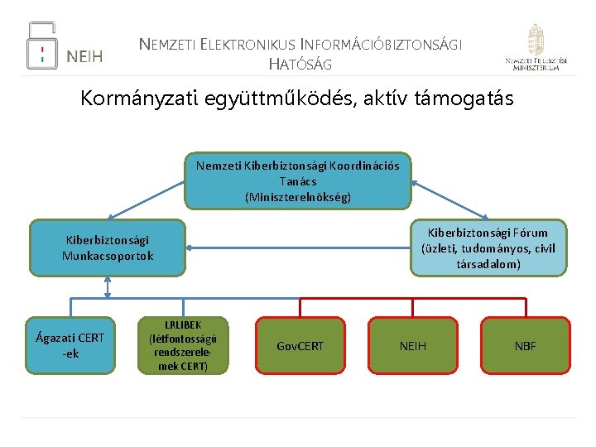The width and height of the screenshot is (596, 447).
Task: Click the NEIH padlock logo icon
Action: [42, 46]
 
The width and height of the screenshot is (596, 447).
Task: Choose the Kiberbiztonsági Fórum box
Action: [488, 248]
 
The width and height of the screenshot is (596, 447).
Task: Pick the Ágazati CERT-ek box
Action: [70, 345]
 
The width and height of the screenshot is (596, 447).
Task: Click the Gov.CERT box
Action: [300, 345]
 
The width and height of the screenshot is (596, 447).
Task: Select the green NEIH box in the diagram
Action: [412, 345]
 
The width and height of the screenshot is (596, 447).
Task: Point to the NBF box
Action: [525, 345]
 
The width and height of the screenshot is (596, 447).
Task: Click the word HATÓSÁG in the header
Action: [300, 63]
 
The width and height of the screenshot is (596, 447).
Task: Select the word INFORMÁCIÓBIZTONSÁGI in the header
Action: [382, 44]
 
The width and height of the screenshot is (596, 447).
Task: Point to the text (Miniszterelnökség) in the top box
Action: [298, 197]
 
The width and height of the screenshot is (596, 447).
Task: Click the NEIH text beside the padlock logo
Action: [84, 56]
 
